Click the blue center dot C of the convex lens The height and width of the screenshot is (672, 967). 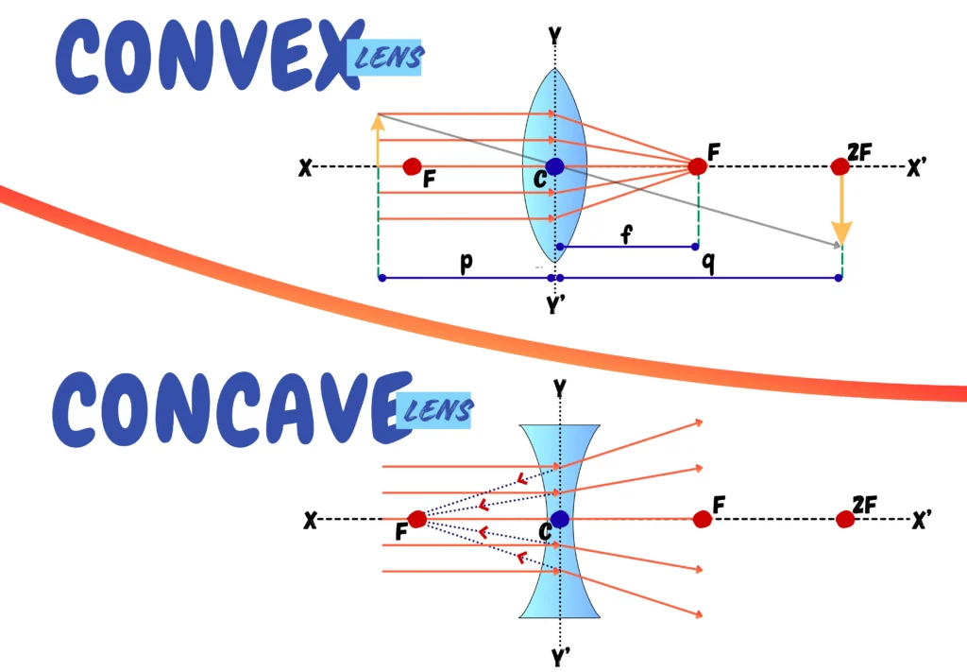click(x=554, y=166)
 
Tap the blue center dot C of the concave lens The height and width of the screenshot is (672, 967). click(x=559, y=519)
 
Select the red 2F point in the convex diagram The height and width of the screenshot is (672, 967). click(x=840, y=166)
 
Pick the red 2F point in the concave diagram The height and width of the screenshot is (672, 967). click(x=845, y=519)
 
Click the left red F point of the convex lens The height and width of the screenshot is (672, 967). click(x=412, y=166)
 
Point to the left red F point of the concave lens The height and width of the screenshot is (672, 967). click(x=417, y=519)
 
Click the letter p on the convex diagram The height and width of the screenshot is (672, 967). click(x=467, y=262)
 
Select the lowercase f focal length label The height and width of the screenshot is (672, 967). click(x=626, y=234)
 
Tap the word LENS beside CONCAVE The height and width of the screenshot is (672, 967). click(x=437, y=410)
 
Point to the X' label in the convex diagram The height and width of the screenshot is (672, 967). click(x=916, y=167)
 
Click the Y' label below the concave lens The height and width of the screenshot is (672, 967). click(x=561, y=658)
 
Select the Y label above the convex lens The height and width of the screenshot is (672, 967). click(x=555, y=36)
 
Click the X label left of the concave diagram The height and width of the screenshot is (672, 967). click(x=310, y=520)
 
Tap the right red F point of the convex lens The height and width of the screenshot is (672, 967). click(x=698, y=166)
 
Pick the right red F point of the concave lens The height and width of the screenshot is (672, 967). click(x=703, y=519)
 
